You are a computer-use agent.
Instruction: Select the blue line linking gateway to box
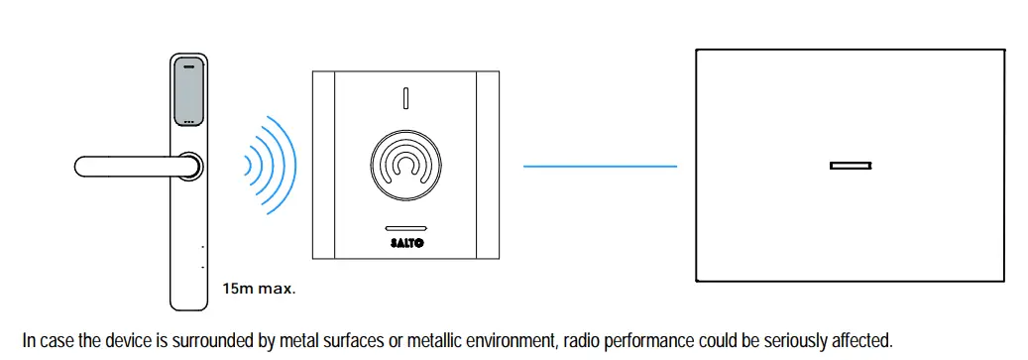[x=600, y=167]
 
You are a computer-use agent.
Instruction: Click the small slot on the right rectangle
[x=850, y=166]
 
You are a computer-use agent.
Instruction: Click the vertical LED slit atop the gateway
[x=404, y=99]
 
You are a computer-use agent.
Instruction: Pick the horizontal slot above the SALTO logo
[x=403, y=227]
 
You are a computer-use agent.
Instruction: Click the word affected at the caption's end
[x=861, y=340]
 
